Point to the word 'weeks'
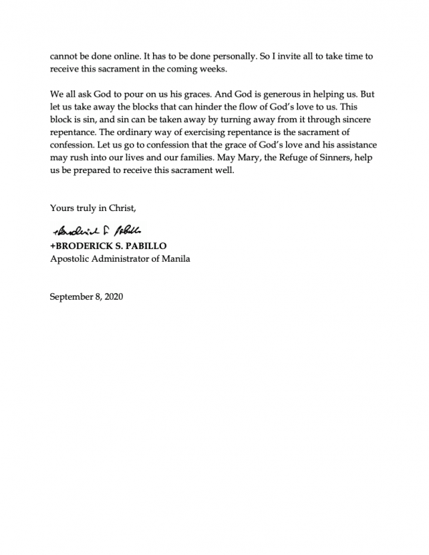pyautogui.click(x=209, y=69)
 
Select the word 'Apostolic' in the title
pyautogui.click(x=69, y=259)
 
